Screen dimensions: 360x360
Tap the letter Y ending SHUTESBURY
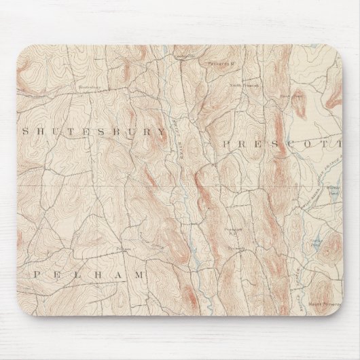click(161, 131)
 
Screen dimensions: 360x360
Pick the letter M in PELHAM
click(140, 275)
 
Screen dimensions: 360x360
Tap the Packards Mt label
click(219, 65)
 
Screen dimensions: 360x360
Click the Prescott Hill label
click(234, 237)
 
